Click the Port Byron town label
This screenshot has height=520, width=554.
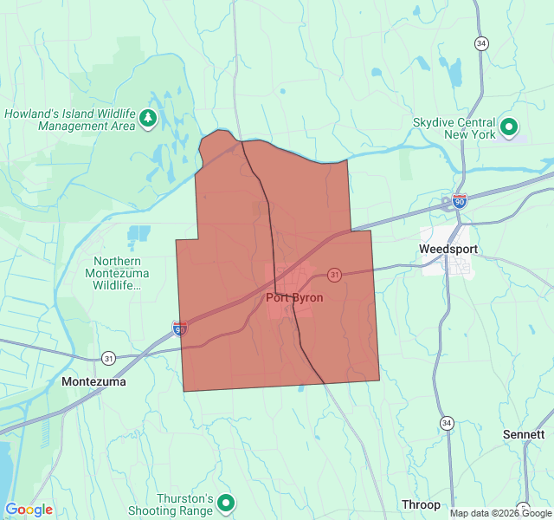click(295, 298)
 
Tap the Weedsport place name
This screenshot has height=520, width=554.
click(448, 249)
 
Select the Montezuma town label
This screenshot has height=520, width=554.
click(94, 381)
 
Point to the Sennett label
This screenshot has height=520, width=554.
click(524, 434)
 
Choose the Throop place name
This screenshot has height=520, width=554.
click(421, 504)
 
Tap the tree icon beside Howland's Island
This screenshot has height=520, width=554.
click(148, 118)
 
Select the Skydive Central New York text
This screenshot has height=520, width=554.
click(454, 129)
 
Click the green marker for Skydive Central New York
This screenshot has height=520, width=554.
click(509, 128)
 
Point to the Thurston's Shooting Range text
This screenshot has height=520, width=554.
click(185, 505)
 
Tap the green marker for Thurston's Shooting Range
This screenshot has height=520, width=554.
click(226, 502)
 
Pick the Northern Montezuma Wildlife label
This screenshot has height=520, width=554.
click(120, 273)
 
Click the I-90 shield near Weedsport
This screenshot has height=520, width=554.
click(459, 201)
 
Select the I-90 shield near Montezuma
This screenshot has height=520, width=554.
click(180, 328)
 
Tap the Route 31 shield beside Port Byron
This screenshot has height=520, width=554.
click(334, 275)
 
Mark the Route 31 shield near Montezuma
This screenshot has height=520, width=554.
click(108, 357)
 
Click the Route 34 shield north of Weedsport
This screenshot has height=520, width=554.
click(481, 43)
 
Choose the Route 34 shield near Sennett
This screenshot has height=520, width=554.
click(446, 422)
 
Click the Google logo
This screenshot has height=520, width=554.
click(29, 510)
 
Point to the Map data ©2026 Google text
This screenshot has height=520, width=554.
click(500, 513)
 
